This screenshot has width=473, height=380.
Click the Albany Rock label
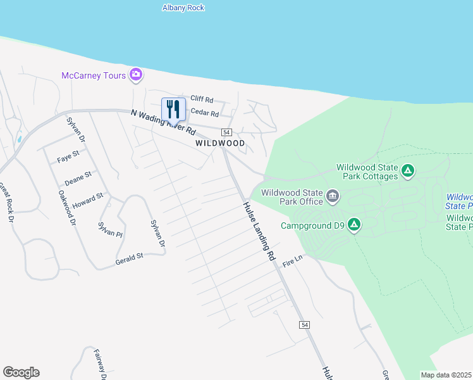(x=183, y=8)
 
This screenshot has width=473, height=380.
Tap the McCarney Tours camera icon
(x=135, y=75)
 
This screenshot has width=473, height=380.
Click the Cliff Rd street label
(x=202, y=99)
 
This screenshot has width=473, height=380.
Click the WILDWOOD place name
(x=219, y=144)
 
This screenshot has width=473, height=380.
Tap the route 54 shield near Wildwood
(x=226, y=132)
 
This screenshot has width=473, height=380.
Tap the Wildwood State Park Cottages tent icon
(x=408, y=171)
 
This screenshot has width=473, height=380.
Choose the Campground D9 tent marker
(x=355, y=225)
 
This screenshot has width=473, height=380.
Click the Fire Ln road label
(x=293, y=261)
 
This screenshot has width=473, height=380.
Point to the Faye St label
(x=68, y=154)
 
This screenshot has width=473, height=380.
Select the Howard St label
(x=87, y=202)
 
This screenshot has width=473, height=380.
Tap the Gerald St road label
(x=130, y=258)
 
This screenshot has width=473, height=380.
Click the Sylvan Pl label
(x=109, y=229)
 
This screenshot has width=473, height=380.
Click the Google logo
(x=21, y=372)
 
